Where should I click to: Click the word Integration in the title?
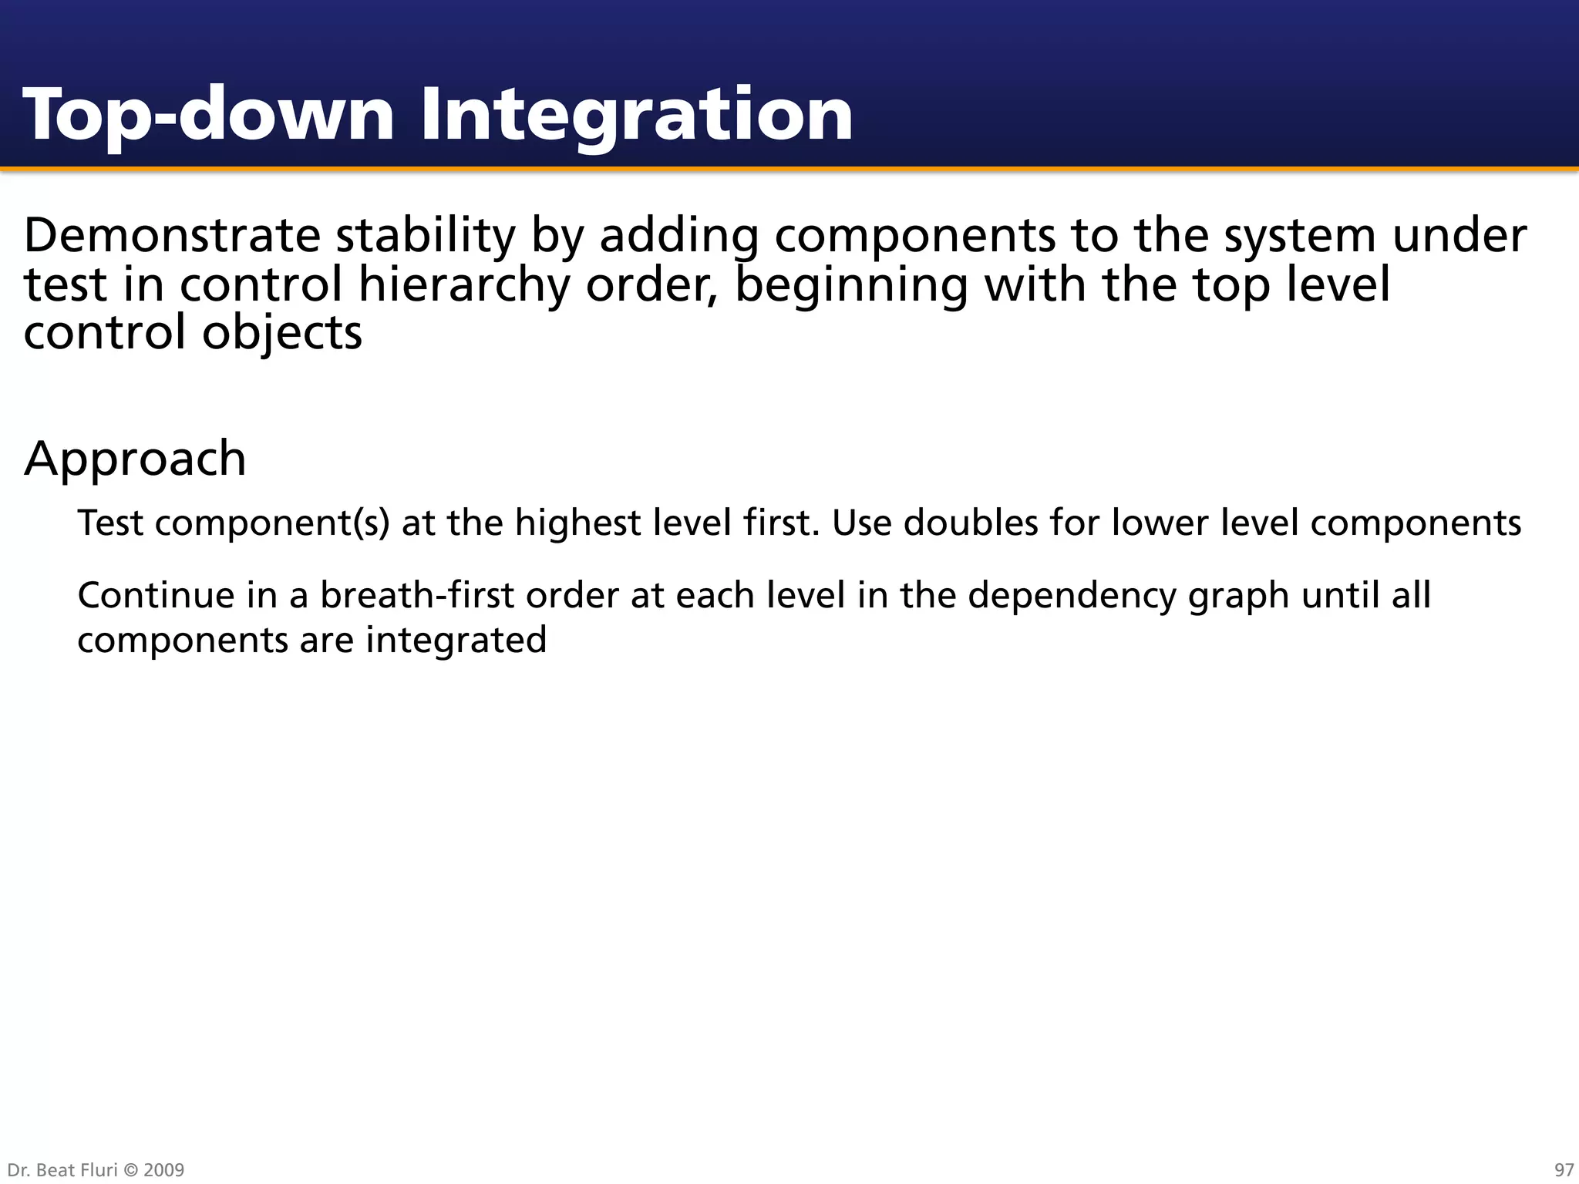[x=636, y=116]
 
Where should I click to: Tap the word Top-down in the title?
[x=208, y=116]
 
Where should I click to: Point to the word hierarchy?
[x=463, y=285]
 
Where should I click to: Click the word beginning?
[x=850, y=285]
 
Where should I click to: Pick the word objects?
[x=281, y=334]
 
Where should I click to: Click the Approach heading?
[x=135, y=459]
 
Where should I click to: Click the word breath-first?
[x=416, y=595]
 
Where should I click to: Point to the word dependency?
[x=1074, y=597]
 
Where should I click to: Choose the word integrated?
[x=456, y=640]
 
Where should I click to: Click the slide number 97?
[x=1564, y=1170]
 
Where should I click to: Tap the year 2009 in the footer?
[x=163, y=1170]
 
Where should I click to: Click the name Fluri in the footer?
[x=99, y=1170]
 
